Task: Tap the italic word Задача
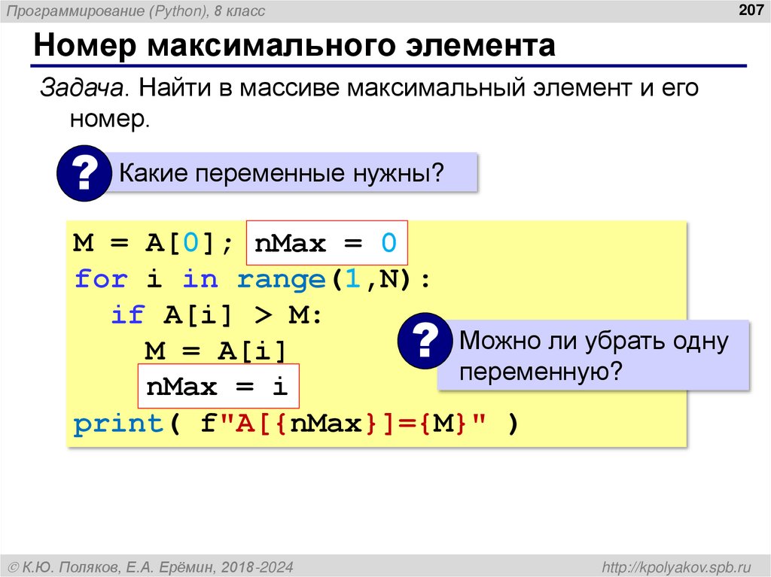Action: [x=82, y=87]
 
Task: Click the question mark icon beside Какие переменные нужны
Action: [x=84, y=175]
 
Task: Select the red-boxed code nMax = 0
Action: [x=326, y=244]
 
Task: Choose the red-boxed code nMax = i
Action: [x=218, y=387]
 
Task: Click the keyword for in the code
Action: [x=100, y=280]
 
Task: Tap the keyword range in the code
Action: [x=280, y=280]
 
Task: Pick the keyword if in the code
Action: [x=127, y=316]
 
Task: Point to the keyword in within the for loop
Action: [x=200, y=280]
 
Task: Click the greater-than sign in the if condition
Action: [x=262, y=316]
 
